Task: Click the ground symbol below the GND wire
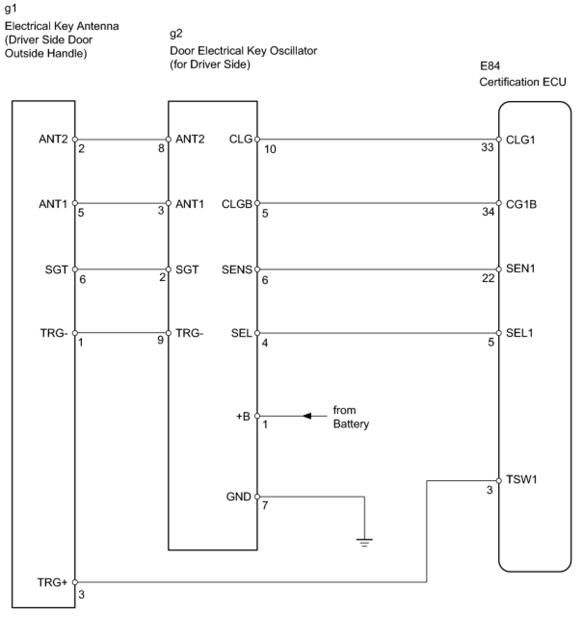tap(364, 543)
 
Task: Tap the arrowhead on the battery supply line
tap(307, 416)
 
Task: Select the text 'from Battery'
tap(351, 417)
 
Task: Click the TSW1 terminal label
tap(521, 480)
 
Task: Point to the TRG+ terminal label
tap(52, 583)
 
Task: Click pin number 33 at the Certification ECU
tap(488, 147)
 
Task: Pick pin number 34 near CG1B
tap(488, 212)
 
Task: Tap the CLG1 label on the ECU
tap(520, 140)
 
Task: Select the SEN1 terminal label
tap(520, 269)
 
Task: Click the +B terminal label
tap(243, 416)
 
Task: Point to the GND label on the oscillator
tap(238, 497)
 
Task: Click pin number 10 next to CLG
tap(270, 150)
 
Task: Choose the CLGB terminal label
tap(237, 204)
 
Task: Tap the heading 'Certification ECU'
tap(522, 82)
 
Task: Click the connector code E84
tap(490, 66)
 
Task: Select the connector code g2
tap(176, 34)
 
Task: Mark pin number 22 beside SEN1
tap(488, 278)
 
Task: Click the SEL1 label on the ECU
tap(519, 333)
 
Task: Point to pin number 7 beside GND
tap(265, 506)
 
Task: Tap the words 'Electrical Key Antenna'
tap(62, 26)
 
